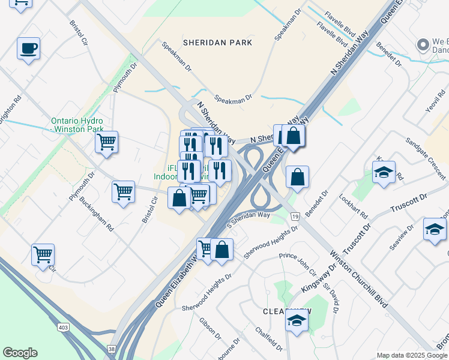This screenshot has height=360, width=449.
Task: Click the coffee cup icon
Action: pyautogui.click(x=28, y=48)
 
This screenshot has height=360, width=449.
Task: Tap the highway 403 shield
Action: pyautogui.click(x=63, y=328)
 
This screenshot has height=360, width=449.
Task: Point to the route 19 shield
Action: pyautogui.click(x=295, y=215)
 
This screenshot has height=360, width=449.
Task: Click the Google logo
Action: pyautogui.click(x=20, y=353)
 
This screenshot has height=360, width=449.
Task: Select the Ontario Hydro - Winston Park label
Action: pyautogui.click(x=77, y=124)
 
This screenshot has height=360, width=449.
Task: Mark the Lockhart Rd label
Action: pyautogui.click(x=353, y=205)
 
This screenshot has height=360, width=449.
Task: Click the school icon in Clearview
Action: pyautogui.click(x=296, y=321)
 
